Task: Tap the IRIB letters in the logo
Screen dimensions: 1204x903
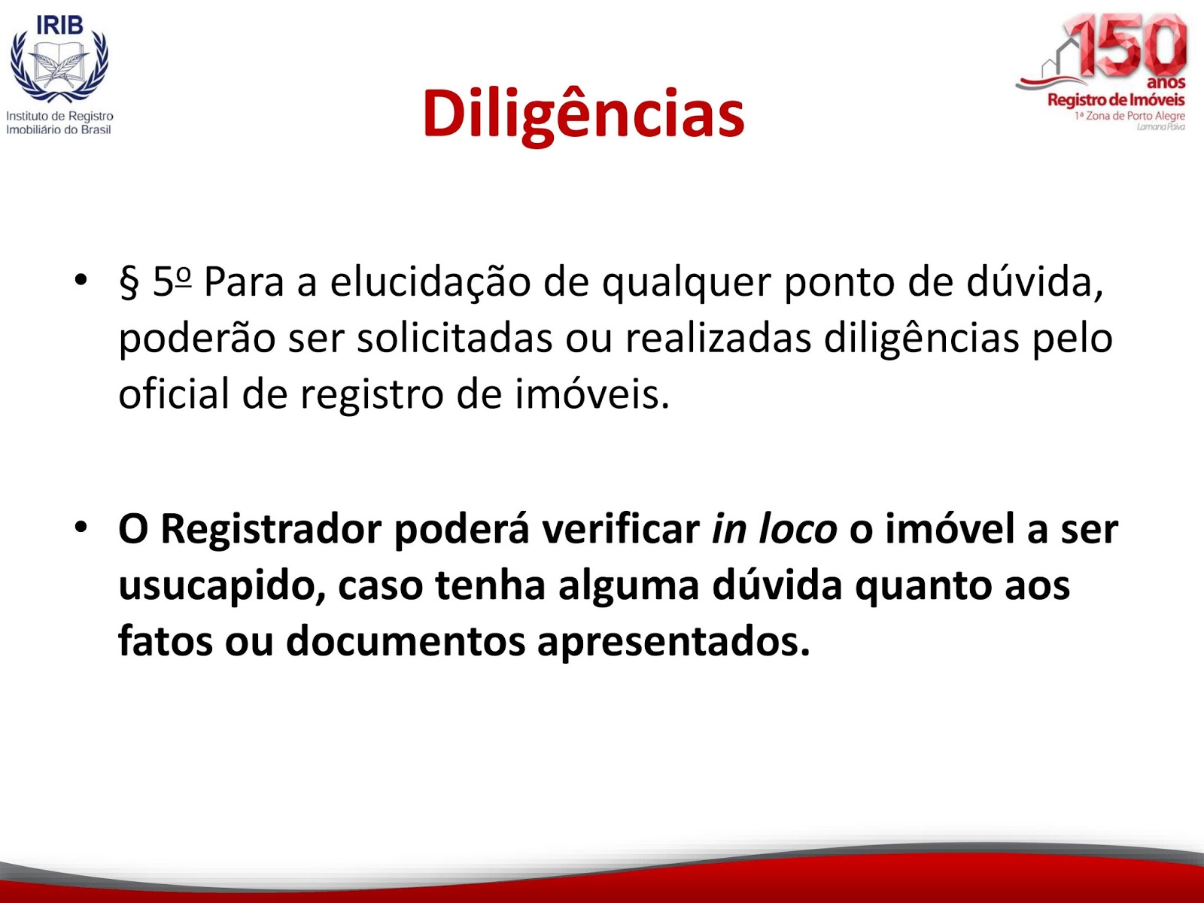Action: pos(59,25)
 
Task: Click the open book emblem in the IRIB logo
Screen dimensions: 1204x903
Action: pos(59,66)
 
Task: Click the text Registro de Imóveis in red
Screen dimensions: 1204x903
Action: pos(1116,100)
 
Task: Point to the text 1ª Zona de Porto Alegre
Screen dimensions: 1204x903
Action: pos(1130,116)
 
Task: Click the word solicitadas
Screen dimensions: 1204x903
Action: pos(455,339)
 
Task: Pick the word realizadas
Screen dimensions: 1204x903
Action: pos(718,339)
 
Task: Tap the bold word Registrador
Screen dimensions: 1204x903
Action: pos(271,529)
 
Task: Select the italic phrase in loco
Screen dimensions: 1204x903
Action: pos(774,529)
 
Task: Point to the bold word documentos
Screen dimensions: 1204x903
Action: pos(406,641)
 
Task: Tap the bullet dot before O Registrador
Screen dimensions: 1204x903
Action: pos(81,528)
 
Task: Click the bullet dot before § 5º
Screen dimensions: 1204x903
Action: pos(81,280)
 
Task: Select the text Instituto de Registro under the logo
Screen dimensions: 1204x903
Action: pos(59,116)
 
